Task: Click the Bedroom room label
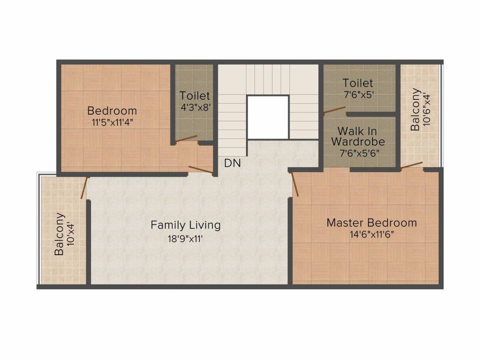[112, 111]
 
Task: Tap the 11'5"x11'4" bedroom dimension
[112, 122]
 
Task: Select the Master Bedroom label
[372, 223]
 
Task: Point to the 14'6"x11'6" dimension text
[372, 234]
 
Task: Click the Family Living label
[186, 225]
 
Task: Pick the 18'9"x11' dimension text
[185, 239]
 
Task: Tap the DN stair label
[232, 163]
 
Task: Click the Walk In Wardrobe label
[358, 136]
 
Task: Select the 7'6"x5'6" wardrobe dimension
[360, 153]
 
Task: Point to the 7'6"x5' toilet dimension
[359, 95]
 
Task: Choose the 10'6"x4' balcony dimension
[427, 110]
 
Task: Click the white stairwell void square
[268, 117]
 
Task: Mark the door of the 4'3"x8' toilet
[186, 138]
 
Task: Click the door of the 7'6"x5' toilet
[335, 110]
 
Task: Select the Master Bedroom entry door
[295, 184]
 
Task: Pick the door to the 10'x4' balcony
[84, 188]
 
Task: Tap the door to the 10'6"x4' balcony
[412, 165]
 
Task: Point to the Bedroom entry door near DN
[201, 170]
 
